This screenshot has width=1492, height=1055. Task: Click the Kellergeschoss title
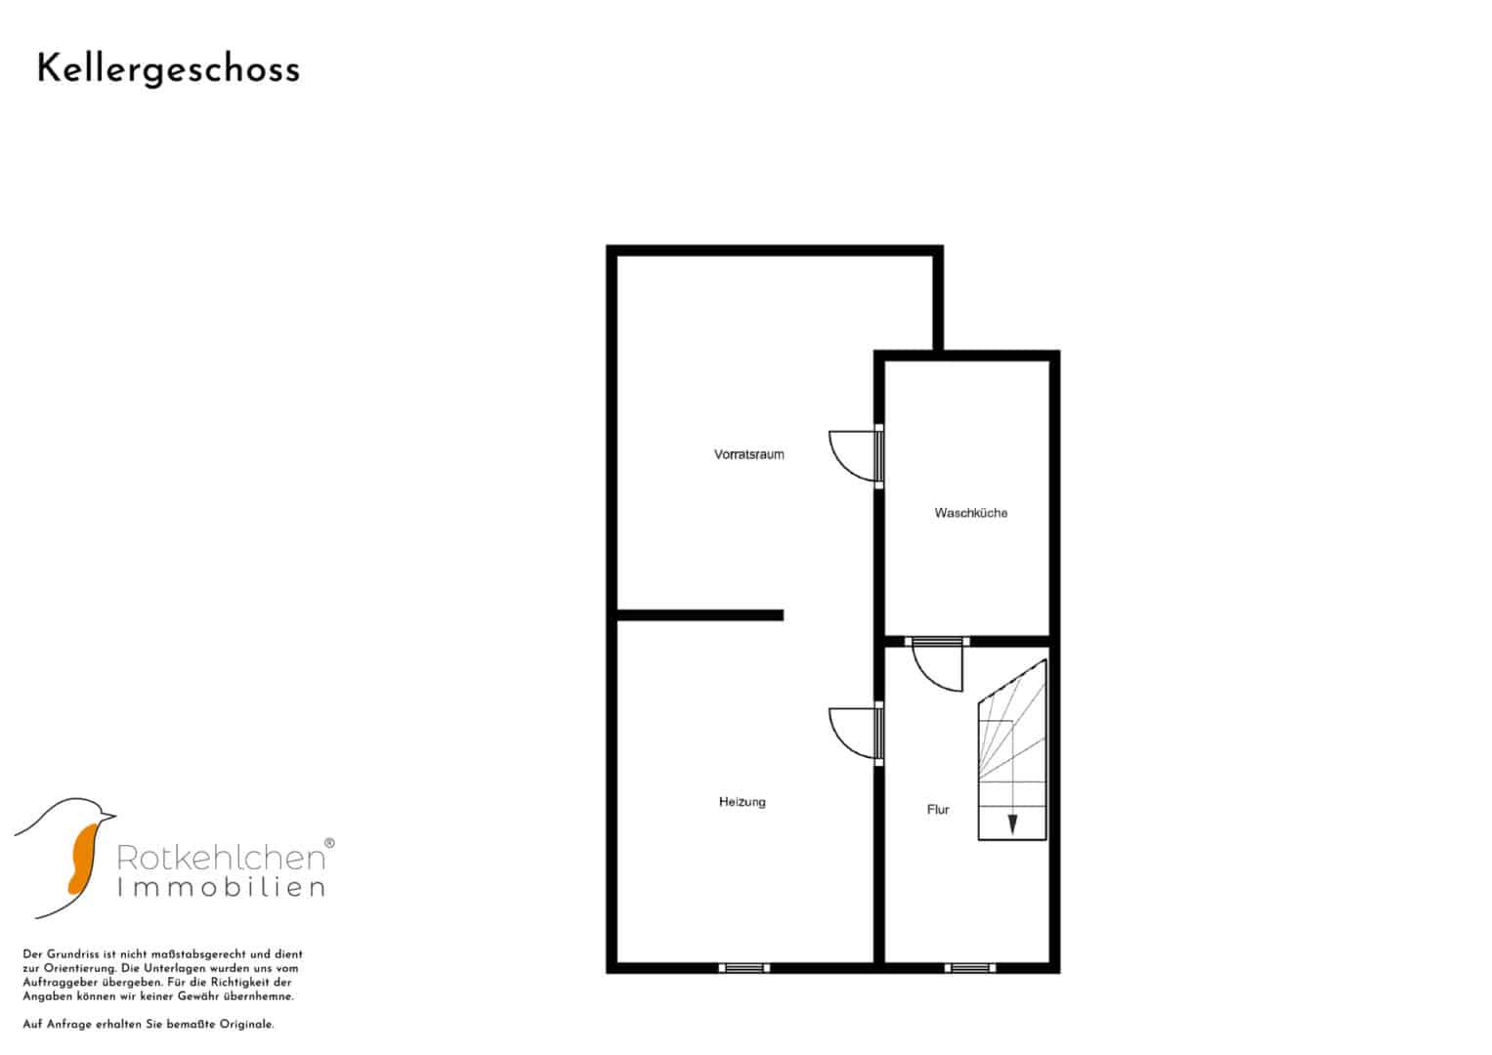coord(168,70)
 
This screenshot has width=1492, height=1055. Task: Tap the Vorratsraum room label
coord(748,454)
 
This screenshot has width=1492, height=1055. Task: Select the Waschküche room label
coord(970,513)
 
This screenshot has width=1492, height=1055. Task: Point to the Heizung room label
coord(742,802)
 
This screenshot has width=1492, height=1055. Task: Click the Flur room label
coord(938,809)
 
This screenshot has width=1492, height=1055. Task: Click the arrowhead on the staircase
coord(1012,824)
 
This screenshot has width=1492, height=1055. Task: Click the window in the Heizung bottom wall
coord(744,968)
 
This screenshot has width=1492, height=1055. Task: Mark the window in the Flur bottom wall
coord(970,968)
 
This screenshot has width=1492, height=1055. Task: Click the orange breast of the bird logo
coord(83,859)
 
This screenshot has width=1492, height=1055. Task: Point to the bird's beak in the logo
coord(108,815)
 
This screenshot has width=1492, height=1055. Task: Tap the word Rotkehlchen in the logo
coord(221,858)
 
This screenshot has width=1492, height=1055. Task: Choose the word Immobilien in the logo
coord(221,887)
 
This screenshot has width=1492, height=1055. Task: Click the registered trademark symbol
coord(329,843)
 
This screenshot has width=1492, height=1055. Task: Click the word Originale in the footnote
coord(247,1025)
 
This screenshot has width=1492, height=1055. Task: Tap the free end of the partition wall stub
coord(784,615)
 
